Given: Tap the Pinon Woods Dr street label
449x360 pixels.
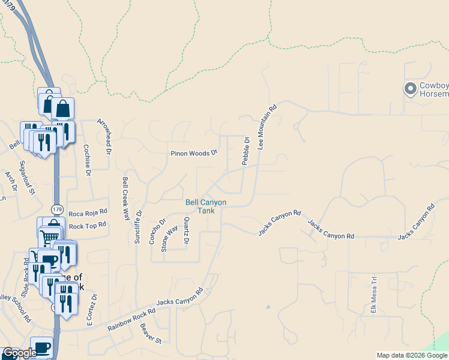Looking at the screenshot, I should (193, 153).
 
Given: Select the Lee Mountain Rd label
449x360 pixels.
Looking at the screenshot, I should (267, 127).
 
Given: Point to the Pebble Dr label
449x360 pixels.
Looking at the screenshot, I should (246, 151).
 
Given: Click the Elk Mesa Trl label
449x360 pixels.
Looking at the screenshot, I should (373, 295).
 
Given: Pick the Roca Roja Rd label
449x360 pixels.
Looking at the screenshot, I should (87, 212).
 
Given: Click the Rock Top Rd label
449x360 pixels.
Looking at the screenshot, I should (88, 225).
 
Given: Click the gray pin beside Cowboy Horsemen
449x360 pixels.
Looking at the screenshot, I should (411, 89).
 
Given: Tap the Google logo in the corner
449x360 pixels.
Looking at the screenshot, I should (20, 353).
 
